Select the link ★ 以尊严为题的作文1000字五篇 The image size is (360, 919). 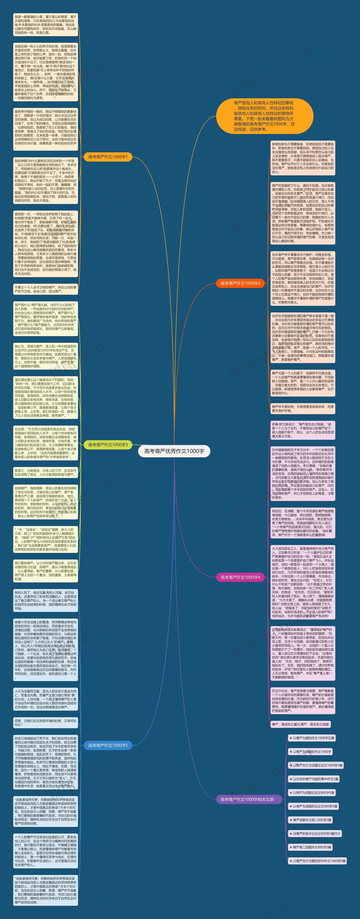[x=311, y=738]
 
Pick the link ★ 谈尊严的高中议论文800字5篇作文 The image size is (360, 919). [x=315, y=833]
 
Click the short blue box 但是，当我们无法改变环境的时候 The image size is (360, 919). [x=45, y=722]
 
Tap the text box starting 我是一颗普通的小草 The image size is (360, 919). [x=45, y=25]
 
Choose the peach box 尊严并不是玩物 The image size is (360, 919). [x=303, y=409]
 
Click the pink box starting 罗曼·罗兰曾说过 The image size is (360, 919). [x=303, y=430]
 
